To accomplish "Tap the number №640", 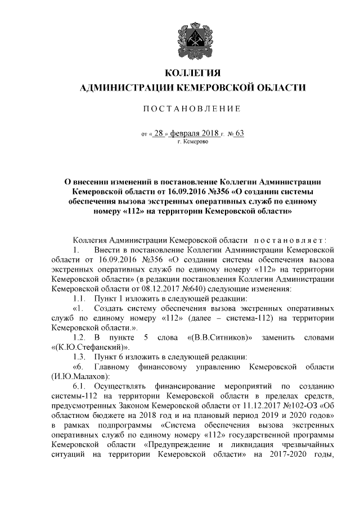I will pyautogui.click(x=182, y=287).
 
